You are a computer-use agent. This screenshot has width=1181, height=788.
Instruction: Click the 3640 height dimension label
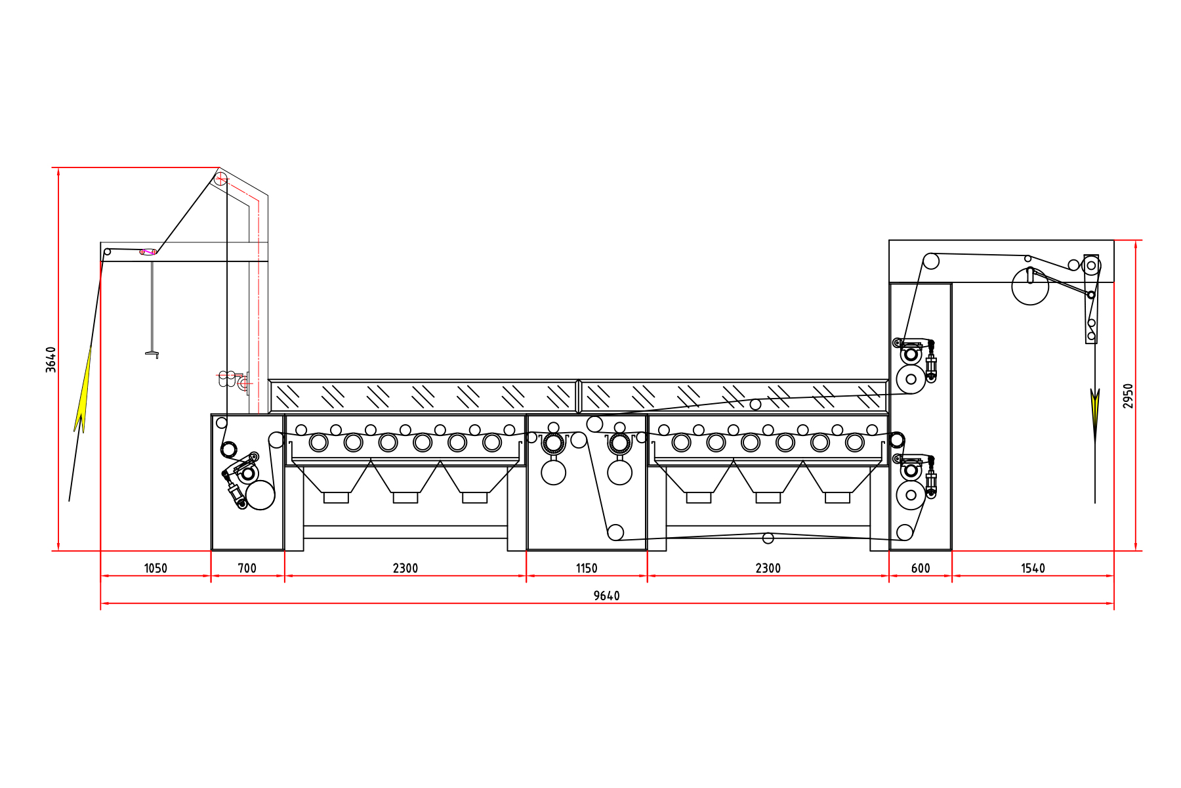click(x=51, y=360)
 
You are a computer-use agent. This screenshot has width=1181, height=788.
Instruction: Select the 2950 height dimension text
click(x=1128, y=396)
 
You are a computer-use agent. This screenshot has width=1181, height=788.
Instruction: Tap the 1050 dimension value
click(x=155, y=568)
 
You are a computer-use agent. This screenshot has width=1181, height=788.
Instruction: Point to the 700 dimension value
click(x=247, y=568)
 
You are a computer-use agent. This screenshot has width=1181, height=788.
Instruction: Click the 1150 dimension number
click(x=587, y=568)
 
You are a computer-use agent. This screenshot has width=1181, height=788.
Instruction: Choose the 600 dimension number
click(x=921, y=568)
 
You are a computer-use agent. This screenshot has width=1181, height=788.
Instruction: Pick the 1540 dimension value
click(x=1033, y=568)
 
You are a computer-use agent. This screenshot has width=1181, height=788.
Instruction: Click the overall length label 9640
click(x=606, y=596)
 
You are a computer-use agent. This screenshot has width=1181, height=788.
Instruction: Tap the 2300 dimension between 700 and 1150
click(x=405, y=568)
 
